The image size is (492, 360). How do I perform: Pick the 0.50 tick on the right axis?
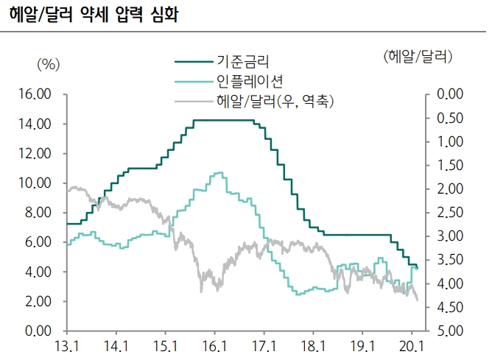point(449,118)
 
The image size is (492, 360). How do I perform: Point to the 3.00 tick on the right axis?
point(449,236)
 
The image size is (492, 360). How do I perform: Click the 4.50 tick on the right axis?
point(449,308)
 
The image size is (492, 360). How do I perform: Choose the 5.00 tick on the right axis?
point(449,331)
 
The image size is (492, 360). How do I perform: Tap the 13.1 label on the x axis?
point(66,345)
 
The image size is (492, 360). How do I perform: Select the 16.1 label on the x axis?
point(214,345)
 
